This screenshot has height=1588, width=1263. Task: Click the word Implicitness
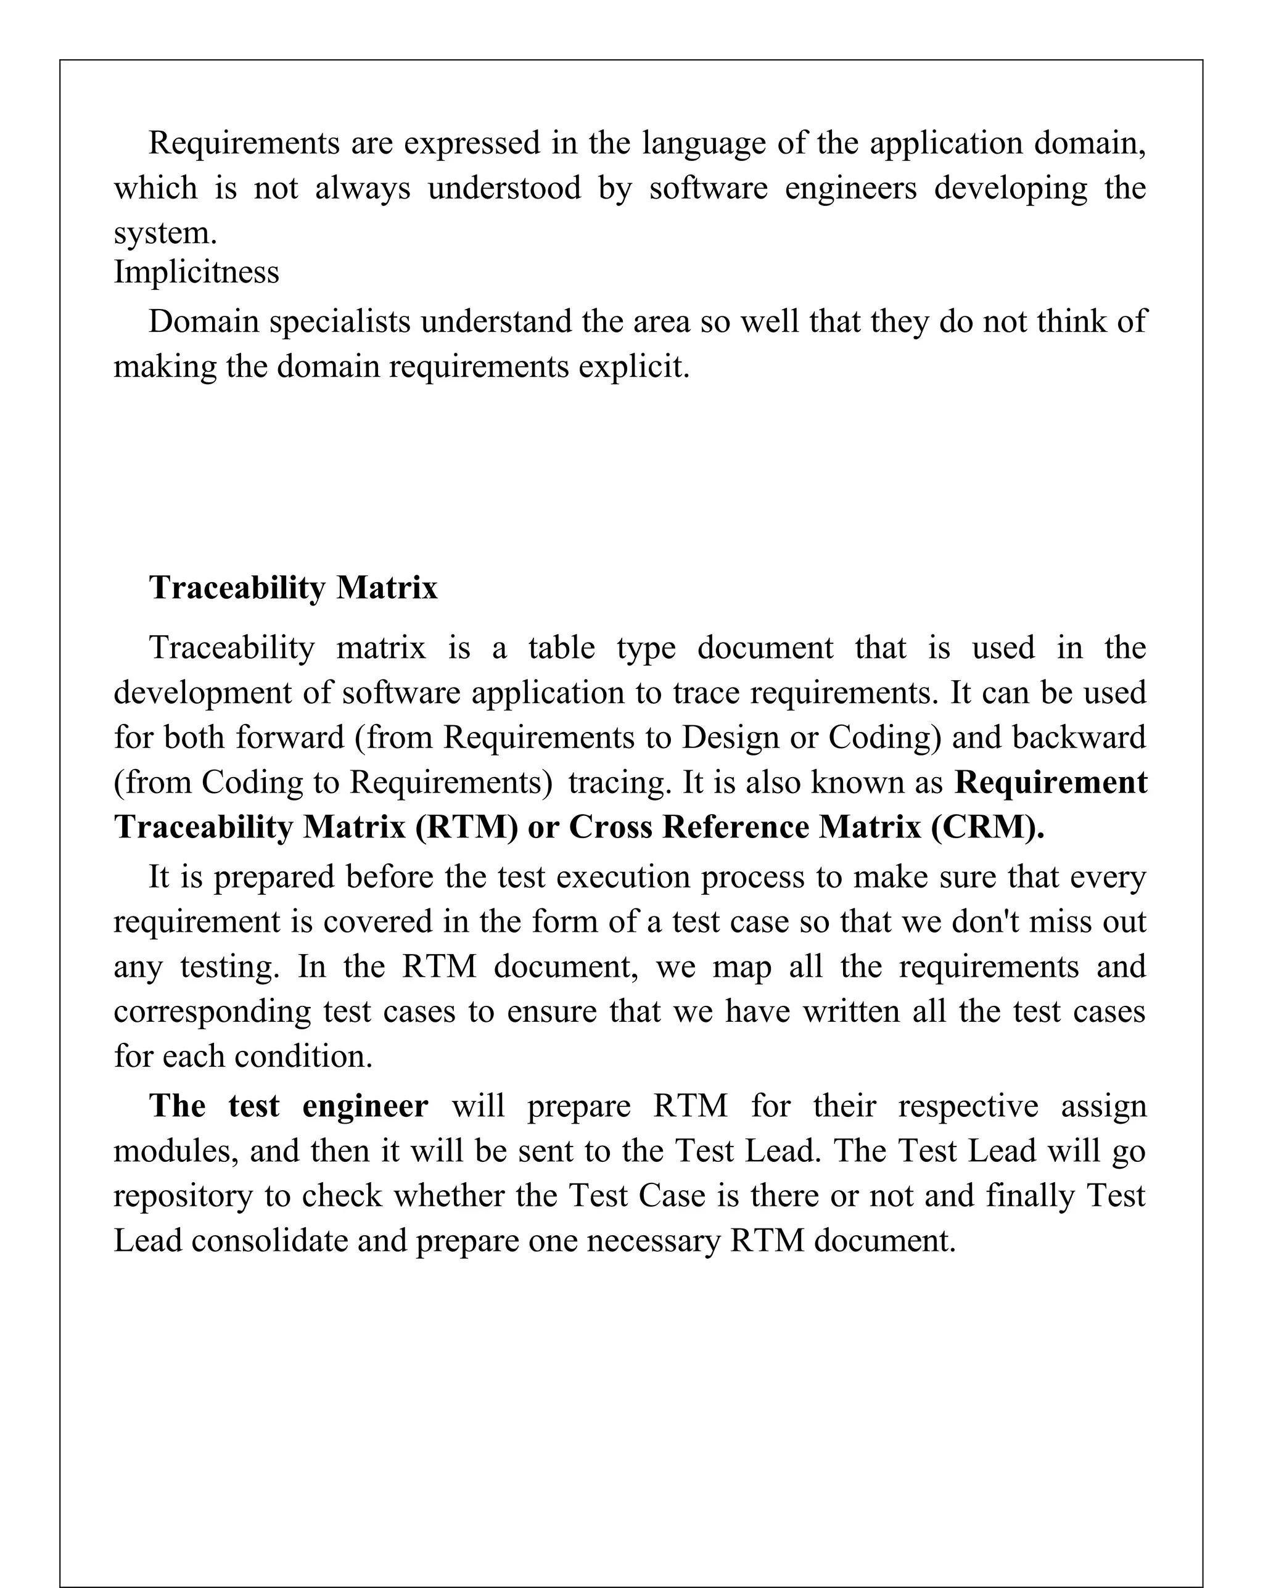point(196,272)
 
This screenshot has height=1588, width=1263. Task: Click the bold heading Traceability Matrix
point(293,588)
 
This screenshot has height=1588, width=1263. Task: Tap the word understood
point(504,188)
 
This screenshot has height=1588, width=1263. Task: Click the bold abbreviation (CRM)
point(987,827)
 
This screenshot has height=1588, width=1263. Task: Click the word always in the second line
point(363,188)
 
